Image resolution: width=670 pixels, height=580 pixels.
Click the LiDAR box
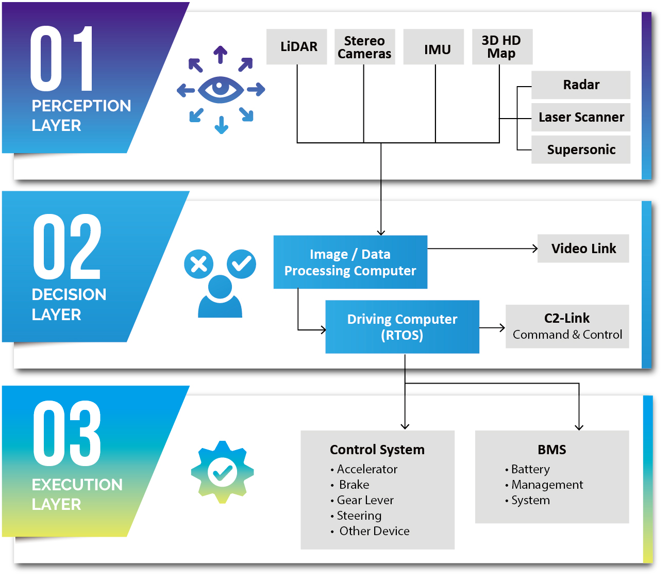pyautogui.click(x=296, y=47)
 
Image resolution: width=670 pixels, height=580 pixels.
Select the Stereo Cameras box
pyautogui.click(x=364, y=47)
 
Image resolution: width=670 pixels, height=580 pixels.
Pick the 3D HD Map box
pyautogui.click(x=502, y=47)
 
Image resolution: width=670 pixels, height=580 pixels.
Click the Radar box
pyautogui.click(x=581, y=85)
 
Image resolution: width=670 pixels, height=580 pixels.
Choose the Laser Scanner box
pyautogui.click(x=581, y=118)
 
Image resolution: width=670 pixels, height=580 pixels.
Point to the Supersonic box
pyautogui.click(x=581, y=150)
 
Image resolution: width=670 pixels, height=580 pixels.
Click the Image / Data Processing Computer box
pyautogui.click(x=350, y=262)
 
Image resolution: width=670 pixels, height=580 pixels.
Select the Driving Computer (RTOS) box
pyautogui.click(x=402, y=327)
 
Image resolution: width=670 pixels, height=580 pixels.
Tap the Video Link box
pyautogui.click(x=583, y=248)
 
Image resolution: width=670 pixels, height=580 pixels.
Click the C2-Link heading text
pyautogui.click(x=567, y=318)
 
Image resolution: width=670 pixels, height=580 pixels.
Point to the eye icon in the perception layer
pyautogui.click(x=221, y=89)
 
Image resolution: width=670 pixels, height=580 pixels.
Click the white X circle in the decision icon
pyautogui.click(x=198, y=264)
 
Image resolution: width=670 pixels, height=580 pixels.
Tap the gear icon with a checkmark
pyautogui.click(x=222, y=472)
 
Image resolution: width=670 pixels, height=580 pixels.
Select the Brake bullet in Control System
pyautogui.click(x=354, y=485)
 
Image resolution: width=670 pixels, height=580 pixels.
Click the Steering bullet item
pyautogui.click(x=359, y=516)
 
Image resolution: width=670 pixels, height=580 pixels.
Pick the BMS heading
pyautogui.click(x=551, y=450)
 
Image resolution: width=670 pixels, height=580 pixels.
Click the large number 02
pyautogui.click(x=67, y=247)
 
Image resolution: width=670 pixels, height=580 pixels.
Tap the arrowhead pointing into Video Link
pyautogui.click(x=534, y=248)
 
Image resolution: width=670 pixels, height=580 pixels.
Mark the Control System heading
pyautogui.click(x=377, y=450)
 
